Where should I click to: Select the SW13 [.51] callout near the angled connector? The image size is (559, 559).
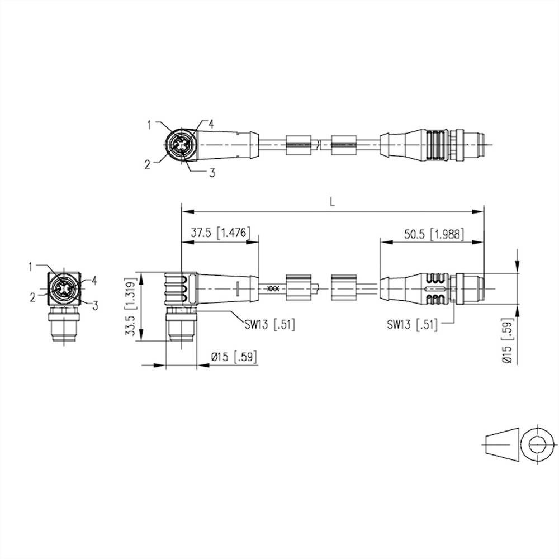(x=269, y=323)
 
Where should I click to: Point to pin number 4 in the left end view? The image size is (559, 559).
(x=94, y=279)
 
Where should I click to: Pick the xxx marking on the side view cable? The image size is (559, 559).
(x=273, y=288)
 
